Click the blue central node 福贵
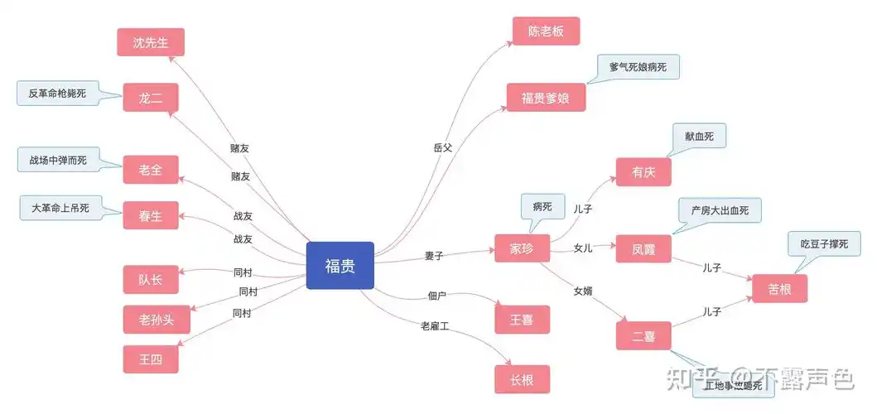[340, 265]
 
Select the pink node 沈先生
[150, 42]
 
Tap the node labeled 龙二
[150, 98]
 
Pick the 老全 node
[150, 170]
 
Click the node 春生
[150, 215]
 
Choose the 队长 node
[150, 280]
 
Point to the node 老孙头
[150, 319]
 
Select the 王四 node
[150, 359]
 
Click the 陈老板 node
[546, 31]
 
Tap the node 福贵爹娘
[546, 97]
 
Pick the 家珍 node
[522, 248]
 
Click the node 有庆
[643, 171]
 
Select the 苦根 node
[778, 288]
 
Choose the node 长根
[522, 379]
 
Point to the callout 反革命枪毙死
[57, 94]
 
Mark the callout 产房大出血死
[719, 210]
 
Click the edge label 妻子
[434, 256]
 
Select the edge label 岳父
[443, 147]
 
